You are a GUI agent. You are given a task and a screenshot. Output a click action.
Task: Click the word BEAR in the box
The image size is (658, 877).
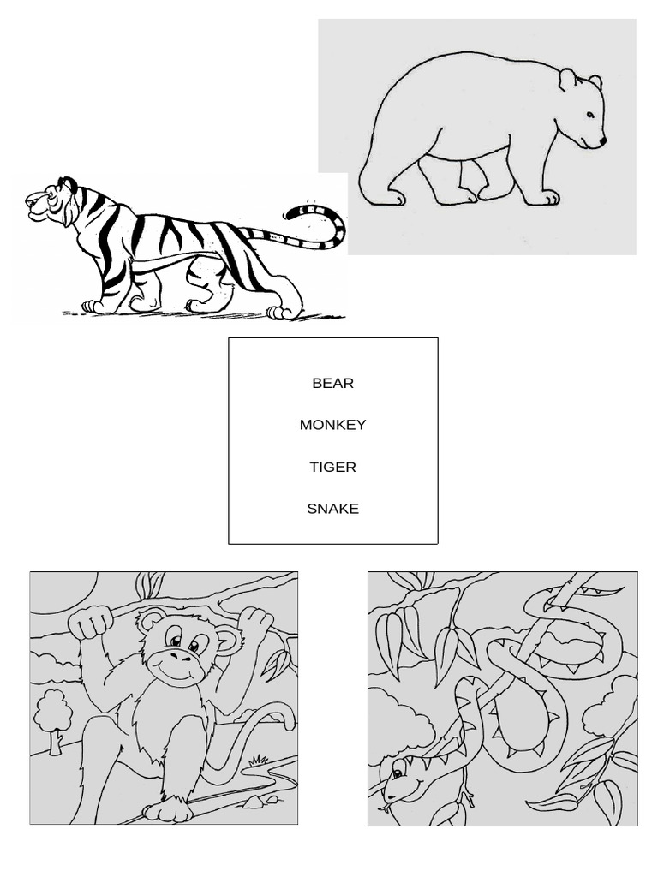click(x=332, y=383)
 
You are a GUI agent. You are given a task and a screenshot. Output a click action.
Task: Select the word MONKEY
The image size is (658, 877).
click(x=332, y=425)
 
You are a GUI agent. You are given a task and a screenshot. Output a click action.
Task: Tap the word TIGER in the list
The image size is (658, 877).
click(x=332, y=467)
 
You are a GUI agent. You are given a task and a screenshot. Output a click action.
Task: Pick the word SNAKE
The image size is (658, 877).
click(x=332, y=509)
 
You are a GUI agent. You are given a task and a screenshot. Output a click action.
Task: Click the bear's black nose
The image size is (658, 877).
click(x=602, y=141)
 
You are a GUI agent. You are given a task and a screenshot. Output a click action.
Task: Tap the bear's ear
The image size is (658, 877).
click(x=567, y=81)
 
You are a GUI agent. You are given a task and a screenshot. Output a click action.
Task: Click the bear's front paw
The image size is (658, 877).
click(x=541, y=199)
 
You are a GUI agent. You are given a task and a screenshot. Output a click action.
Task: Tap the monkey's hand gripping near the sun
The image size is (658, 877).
click(x=90, y=623)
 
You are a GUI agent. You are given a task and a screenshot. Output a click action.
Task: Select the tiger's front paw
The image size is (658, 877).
click(x=93, y=305)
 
